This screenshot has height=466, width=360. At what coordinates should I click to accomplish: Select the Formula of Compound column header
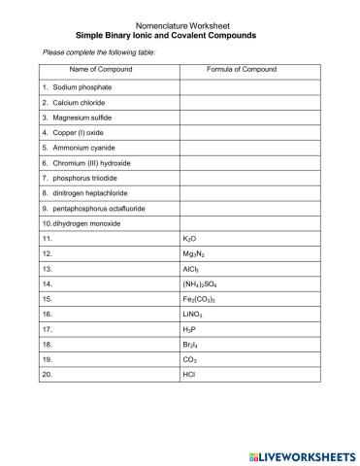click(243, 71)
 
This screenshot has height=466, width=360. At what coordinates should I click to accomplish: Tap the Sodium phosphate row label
click(74, 86)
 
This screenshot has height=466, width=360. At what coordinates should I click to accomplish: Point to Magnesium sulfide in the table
click(75, 117)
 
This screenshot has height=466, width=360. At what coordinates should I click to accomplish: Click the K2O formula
click(190, 238)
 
